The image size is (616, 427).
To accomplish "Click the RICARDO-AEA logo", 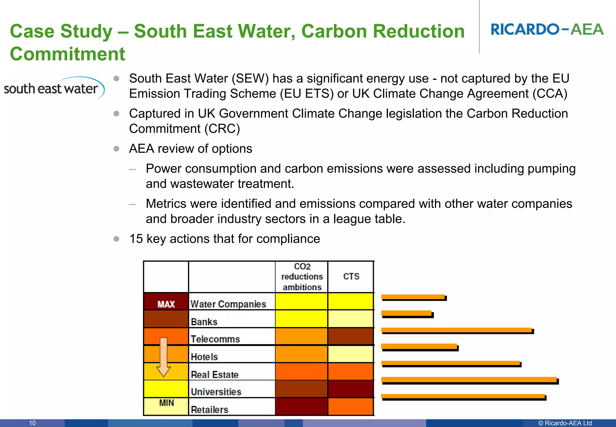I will tap(547, 30).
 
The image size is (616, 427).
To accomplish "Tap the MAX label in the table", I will tap(166, 304).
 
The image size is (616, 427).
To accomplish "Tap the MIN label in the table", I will tap(166, 403).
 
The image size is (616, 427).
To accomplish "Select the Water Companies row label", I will tap(228, 304).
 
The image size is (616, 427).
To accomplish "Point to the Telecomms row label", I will tap(215, 339).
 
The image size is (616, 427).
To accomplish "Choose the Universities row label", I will tap(216, 392).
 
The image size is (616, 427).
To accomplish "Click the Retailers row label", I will tap(210, 410).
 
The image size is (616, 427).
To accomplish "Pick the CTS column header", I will tap(351, 276).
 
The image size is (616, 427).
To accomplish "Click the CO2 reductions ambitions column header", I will tap(302, 276).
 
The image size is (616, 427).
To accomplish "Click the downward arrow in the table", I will tap(164, 357).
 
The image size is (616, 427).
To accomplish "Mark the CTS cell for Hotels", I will tap(351, 354).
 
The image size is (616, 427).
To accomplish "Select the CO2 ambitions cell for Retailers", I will tap(301, 407).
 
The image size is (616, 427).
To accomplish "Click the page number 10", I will tap(32, 423).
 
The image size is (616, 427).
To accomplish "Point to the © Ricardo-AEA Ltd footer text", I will tap(565, 423).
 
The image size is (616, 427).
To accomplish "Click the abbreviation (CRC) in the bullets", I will tap(222, 129).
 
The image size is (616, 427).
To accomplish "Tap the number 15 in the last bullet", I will tap(136, 239).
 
